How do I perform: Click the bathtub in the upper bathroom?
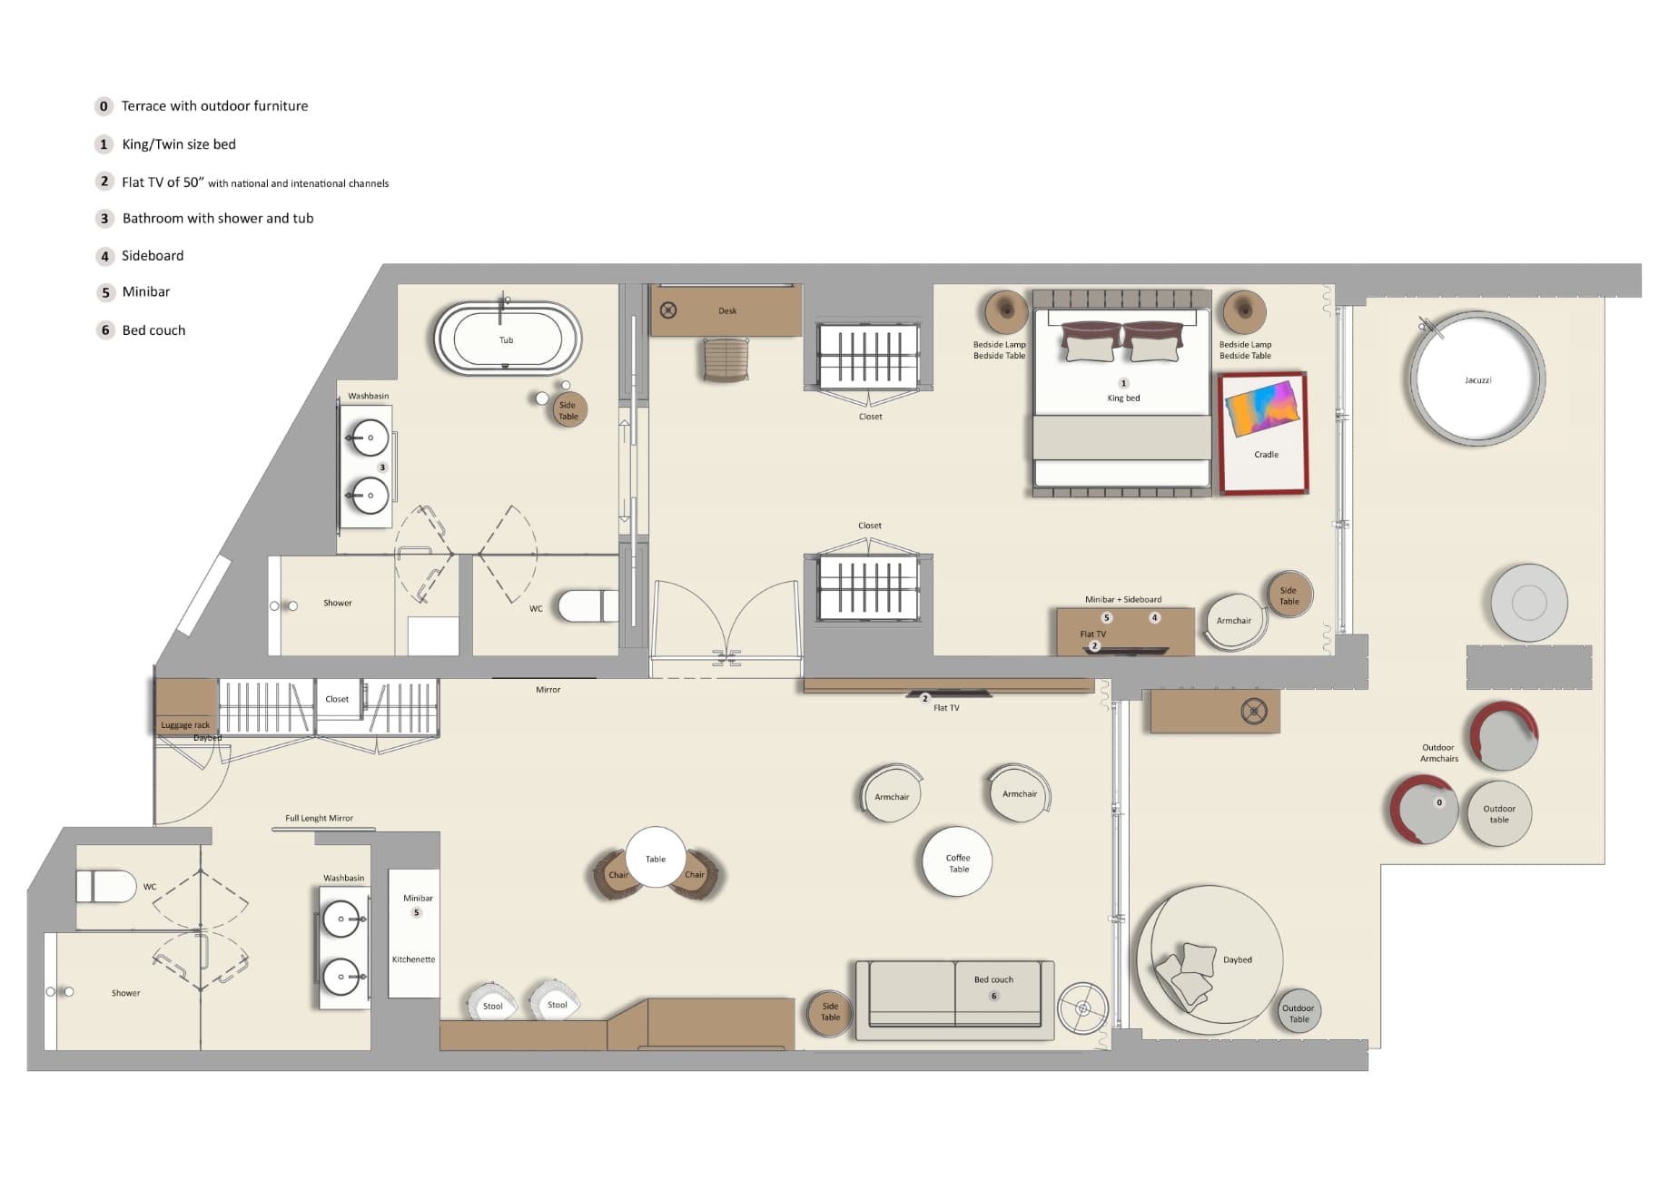507,338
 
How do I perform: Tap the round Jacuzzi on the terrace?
1476,379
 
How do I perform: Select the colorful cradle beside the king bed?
1263,432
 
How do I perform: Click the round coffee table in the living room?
957,861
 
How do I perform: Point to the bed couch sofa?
954,998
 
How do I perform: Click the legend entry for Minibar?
145,292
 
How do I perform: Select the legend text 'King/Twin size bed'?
179,144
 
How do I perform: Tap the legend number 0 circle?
104,106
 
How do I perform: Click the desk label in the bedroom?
727,311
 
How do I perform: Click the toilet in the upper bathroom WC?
586,605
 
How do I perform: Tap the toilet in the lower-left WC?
107,886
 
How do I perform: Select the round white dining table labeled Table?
656,857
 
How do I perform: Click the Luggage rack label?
185,725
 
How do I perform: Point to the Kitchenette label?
413,959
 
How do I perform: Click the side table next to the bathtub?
568,410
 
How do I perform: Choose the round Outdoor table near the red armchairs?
1499,813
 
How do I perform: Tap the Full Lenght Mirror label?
319,818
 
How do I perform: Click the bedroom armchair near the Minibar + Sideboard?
1233,622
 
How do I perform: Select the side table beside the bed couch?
830,1012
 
